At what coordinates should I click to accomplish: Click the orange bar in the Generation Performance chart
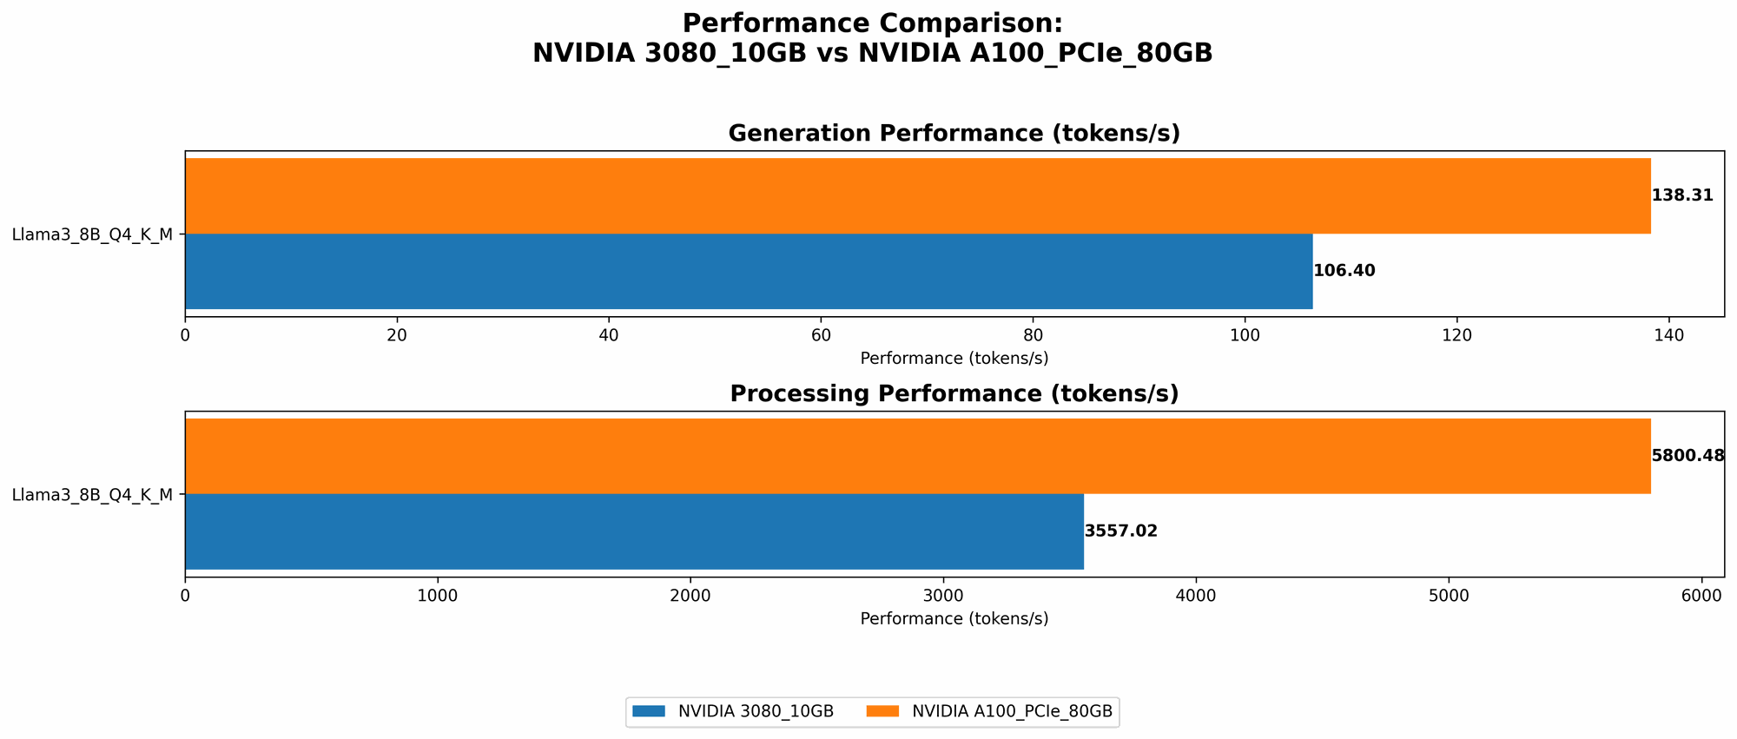(x=917, y=195)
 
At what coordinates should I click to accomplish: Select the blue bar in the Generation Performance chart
(x=749, y=271)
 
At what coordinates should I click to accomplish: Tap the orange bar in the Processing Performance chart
(x=917, y=456)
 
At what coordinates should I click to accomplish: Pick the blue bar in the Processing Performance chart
(x=634, y=531)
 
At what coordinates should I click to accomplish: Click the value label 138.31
(x=1682, y=195)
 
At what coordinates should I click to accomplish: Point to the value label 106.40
(x=1344, y=271)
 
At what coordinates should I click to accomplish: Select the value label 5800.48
(x=1687, y=456)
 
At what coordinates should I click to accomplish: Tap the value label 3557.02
(x=1121, y=531)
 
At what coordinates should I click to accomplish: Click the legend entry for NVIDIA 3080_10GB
(x=734, y=711)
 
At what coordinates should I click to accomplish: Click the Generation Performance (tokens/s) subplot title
(x=954, y=134)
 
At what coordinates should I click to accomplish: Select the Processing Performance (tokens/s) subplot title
(x=954, y=394)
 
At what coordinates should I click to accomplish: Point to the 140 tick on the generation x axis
(x=1668, y=335)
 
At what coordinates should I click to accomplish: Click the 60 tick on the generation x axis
(x=821, y=335)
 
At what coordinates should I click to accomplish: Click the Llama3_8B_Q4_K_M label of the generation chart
(x=92, y=234)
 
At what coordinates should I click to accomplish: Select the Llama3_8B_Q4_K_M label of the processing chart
(x=92, y=495)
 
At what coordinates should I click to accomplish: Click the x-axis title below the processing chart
(x=954, y=619)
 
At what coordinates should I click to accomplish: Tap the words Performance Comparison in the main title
(x=872, y=23)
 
